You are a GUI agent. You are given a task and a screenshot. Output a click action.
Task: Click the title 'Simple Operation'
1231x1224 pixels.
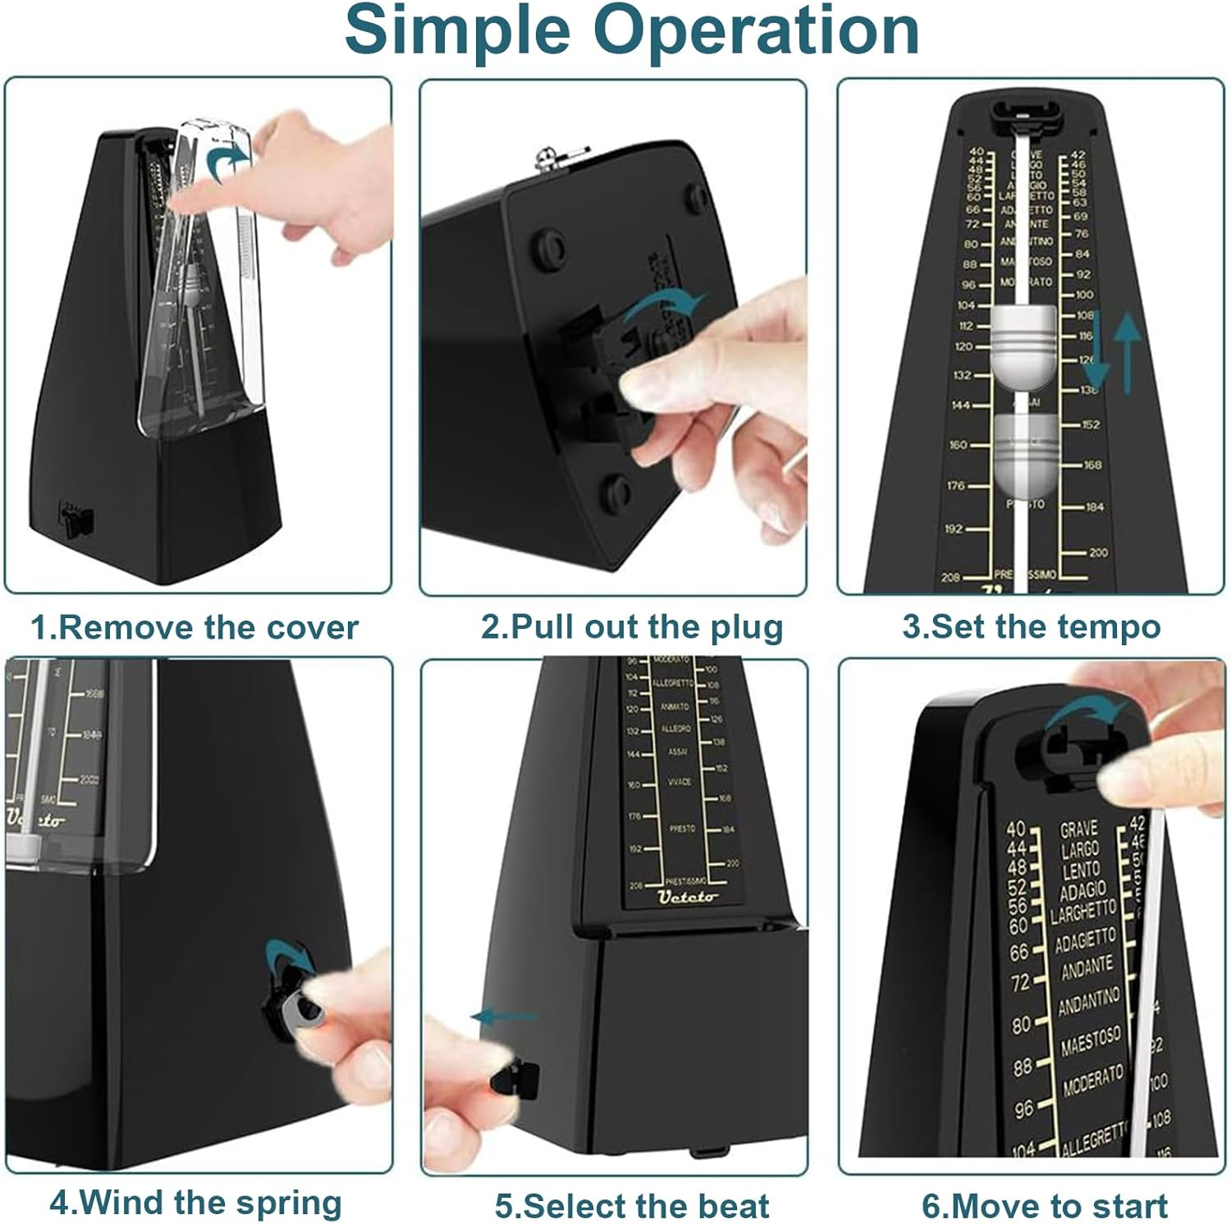(x=631, y=30)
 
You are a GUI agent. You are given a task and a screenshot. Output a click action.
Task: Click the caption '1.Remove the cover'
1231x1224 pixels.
(x=194, y=628)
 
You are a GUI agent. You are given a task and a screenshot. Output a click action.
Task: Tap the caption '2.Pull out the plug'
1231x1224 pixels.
(x=632, y=627)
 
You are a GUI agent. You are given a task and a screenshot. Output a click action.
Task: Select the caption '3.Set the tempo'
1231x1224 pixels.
(x=1032, y=627)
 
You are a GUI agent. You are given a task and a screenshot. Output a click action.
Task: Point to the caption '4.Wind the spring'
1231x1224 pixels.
(x=195, y=1203)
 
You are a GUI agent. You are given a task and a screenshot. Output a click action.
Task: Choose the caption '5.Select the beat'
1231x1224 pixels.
(x=632, y=1207)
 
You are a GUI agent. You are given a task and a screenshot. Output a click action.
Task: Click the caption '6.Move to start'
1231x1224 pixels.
(x=1044, y=1207)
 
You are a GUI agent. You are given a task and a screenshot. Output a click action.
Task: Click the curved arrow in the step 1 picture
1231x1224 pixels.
(x=226, y=161)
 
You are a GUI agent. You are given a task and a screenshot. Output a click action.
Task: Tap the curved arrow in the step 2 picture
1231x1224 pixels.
(x=663, y=307)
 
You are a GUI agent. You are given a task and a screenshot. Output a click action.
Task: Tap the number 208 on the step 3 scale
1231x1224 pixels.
(x=950, y=577)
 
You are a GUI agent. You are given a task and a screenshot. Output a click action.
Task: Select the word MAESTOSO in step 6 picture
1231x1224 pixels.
(x=1090, y=1041)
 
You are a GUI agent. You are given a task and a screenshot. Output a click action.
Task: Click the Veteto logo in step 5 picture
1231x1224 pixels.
(x=688, y=896)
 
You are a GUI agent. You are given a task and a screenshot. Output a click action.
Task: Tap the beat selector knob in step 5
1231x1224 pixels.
(x=515, y=1077)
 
